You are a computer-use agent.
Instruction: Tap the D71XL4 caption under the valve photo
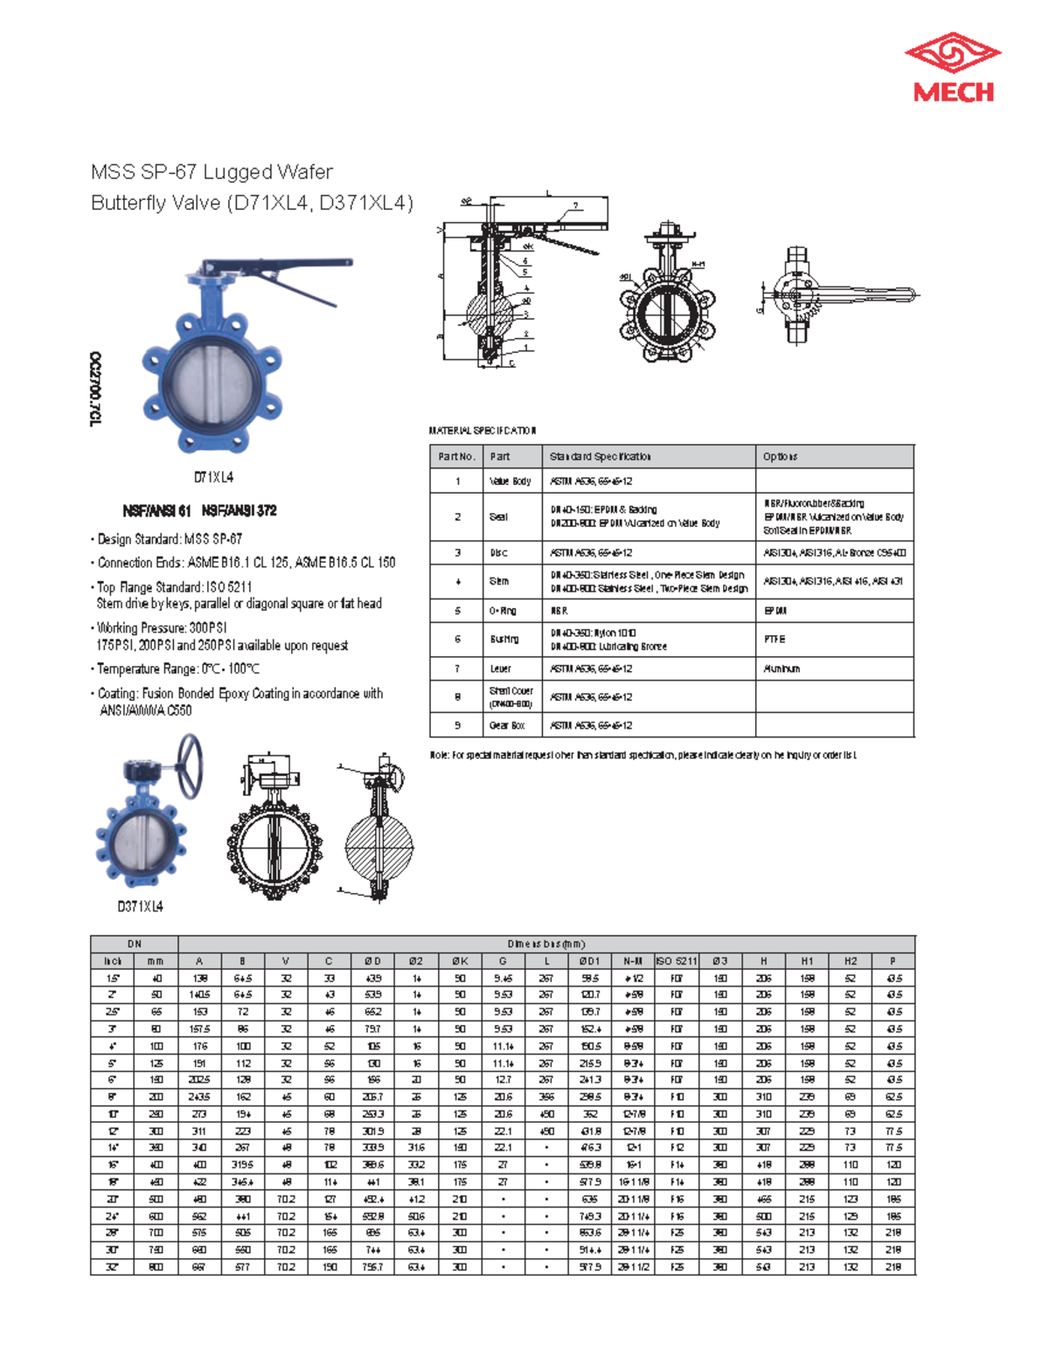click(213, 477)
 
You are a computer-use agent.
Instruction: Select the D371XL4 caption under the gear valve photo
click(140, 906)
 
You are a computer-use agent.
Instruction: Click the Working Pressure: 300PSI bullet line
click(162, 627)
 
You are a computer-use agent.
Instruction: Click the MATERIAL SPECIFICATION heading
click(482, 431)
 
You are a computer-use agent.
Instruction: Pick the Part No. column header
click(456, 456)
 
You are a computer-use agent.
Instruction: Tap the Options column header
click(780, 456)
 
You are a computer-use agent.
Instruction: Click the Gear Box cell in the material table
click(507, 725)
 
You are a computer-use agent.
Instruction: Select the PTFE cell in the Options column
click(775, 640)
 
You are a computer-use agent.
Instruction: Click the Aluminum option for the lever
click(782, 668)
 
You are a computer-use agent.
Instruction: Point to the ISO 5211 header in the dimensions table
click(676, 961)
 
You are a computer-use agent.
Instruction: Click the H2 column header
click(850, 961)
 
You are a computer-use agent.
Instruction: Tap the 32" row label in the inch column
click(113, 1266)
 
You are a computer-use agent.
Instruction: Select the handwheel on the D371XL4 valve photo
click(190, 765)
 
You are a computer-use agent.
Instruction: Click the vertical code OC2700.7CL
click(95, 389)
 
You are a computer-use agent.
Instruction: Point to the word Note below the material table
click(439, 755)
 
